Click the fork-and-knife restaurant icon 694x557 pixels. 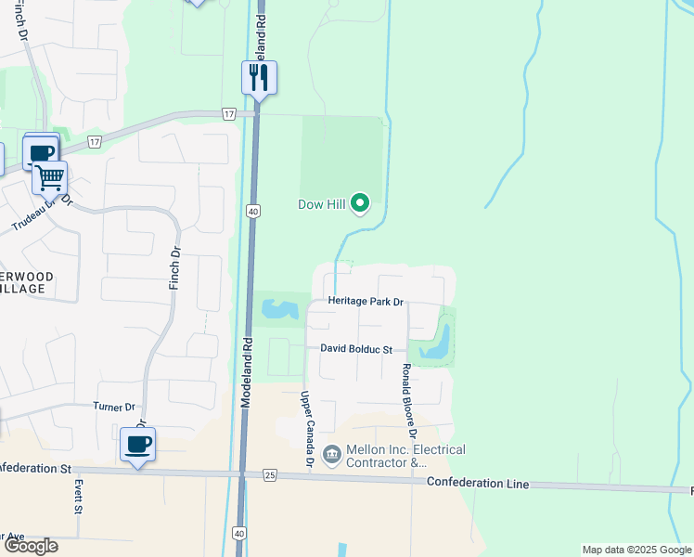click(x=259, y=77)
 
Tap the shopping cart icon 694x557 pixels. click(x=50, y=176)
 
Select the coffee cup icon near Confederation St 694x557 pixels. click(x=137, y=445)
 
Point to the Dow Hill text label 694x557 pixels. click(x=323, y=204)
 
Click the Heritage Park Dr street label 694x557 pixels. click(x=366, y=303)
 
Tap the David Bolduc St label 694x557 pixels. click(x=356, y=349)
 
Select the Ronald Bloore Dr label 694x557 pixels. click(x=408, y=401)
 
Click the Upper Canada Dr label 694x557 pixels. click(x=305, y=429)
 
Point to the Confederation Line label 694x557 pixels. click(x=478, y=484)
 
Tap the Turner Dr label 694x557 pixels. click(x=114, y=407)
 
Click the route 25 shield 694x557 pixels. click(x=270, y=475)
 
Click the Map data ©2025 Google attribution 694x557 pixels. click(x=636, y=550)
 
